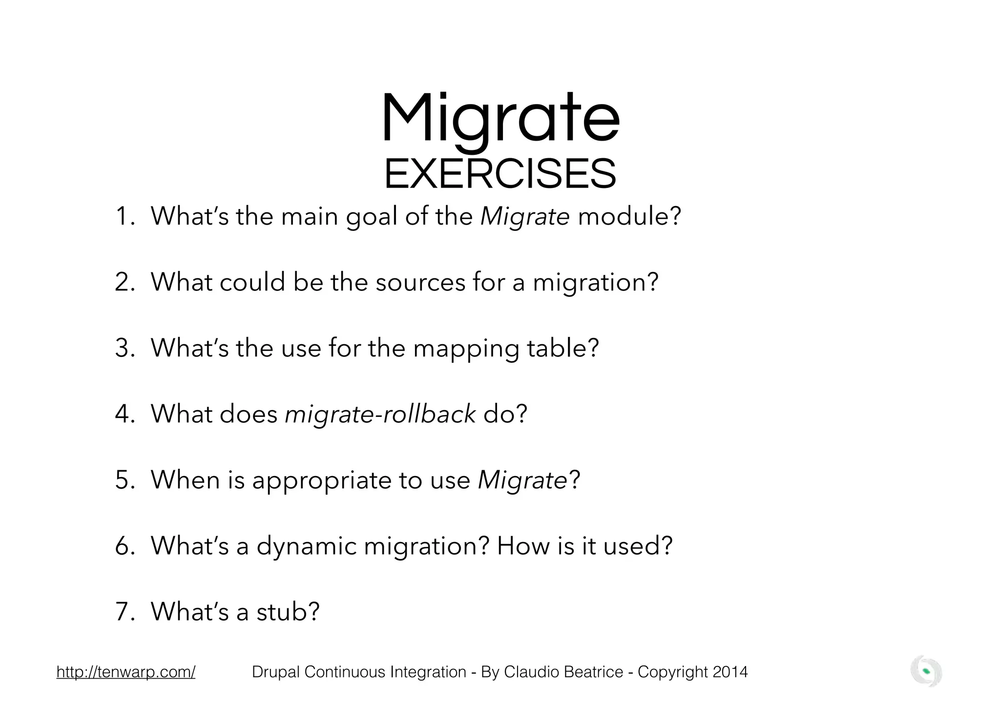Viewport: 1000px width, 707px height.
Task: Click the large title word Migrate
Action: [500, 120]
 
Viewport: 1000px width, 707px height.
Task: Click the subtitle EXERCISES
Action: [500, 174]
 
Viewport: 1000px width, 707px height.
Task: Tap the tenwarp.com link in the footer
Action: [126, 672]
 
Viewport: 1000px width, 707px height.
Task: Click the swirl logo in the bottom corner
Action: [926, 672]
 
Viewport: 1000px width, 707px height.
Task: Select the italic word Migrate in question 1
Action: [525, 216]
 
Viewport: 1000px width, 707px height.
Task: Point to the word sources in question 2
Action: [420, 282]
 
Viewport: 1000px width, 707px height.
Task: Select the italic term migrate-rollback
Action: [380, 414]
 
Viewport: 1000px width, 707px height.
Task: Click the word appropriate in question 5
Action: [322, 480]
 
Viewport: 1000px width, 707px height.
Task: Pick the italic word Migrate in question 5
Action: [522, 480]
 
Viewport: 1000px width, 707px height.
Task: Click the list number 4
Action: [122, 415]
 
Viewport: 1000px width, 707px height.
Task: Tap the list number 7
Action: [122, 612]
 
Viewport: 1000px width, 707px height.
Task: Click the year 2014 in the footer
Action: [730, 672]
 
